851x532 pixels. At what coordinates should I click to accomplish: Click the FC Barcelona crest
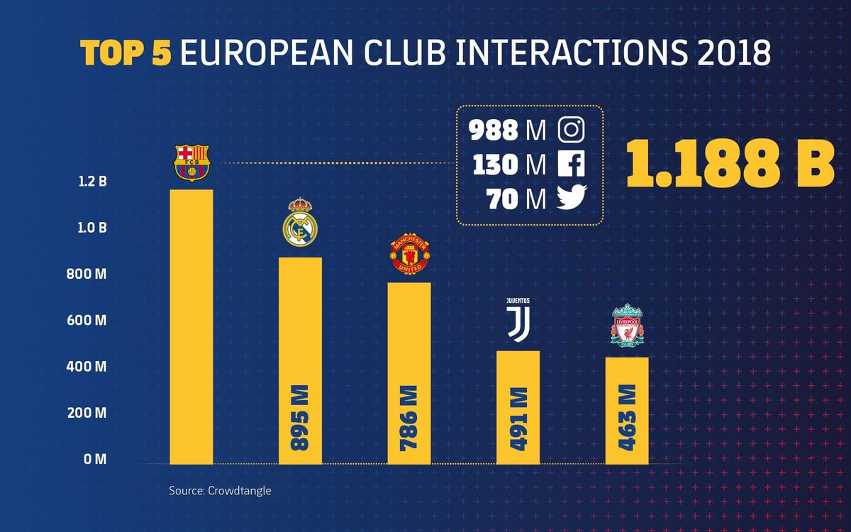tap(192, 162)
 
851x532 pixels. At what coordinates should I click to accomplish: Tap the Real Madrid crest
tap(301, 222)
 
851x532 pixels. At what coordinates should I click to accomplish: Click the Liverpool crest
tap(626, 326)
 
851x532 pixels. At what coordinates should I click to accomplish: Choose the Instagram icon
tap(571, 130)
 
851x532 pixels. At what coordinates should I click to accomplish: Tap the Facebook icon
tap(571, 165)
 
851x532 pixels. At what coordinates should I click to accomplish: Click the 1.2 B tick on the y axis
tap(92, 182)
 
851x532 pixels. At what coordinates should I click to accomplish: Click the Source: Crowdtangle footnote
tap(220, 490)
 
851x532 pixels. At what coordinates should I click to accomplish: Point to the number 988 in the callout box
tap(494, 131)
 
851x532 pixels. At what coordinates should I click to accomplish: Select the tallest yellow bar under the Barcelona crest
tap(192, 326)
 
